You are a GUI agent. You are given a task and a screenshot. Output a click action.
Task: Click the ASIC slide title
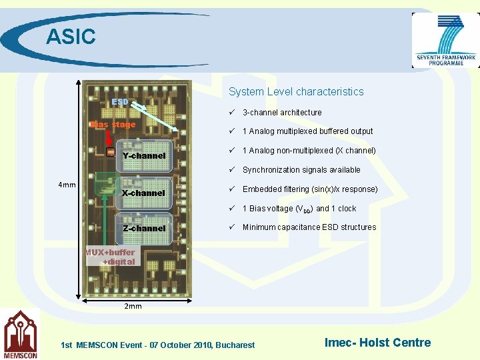point(71,36)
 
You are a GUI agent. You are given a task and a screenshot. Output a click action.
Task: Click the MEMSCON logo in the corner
point(20,335)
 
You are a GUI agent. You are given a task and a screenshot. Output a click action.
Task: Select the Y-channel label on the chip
point(144,156)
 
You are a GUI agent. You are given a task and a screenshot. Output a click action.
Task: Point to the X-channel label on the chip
point(143,193)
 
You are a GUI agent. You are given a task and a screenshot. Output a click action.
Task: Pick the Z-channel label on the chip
point(144,228)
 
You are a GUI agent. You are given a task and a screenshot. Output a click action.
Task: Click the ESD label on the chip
point(120,102)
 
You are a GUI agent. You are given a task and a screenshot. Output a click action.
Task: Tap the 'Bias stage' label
point(113,125)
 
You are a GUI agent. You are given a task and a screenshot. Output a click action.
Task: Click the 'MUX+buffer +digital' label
point(110,257)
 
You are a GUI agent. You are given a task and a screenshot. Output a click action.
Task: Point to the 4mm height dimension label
point(67,185)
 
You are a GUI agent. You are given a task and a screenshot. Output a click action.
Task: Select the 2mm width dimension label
point(133,307)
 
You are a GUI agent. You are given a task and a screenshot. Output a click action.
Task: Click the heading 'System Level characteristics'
point(296,91)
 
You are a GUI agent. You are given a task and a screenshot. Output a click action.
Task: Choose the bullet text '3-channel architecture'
point(282,113)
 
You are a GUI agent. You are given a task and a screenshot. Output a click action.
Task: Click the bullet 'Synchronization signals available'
point(301,170)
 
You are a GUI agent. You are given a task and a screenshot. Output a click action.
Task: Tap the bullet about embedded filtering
point(310,189)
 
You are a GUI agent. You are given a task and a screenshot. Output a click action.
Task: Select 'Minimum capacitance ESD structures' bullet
point(309,227)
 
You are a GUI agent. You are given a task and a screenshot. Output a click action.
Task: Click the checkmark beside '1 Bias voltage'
point(231,208)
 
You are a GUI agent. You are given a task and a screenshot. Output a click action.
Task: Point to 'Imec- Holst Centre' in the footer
point(377,343)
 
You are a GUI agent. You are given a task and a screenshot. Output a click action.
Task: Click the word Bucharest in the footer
point(235,345)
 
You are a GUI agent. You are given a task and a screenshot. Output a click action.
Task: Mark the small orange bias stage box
point(111,153)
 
